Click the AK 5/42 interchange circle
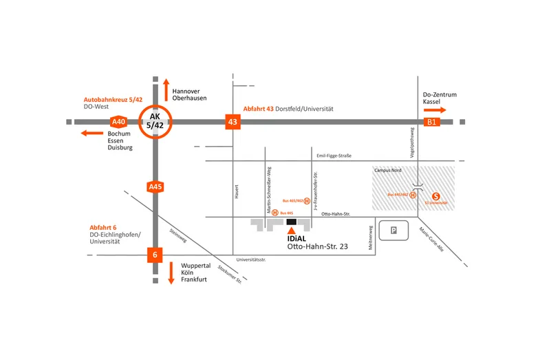click(155, 122)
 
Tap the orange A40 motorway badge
click(118, 122)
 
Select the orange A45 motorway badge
click(155, 187)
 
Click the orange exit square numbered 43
click(233, 122)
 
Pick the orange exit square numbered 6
click(155, 255)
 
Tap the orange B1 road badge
click(432, 122)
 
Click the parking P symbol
click(393, 231)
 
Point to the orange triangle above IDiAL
click(291, 232)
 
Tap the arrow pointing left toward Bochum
click(91, 132)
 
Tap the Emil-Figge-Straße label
click(334, 156)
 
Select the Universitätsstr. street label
click(250, 260)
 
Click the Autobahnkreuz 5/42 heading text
click(114, 99)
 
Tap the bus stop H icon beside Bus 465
click(274, 213)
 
